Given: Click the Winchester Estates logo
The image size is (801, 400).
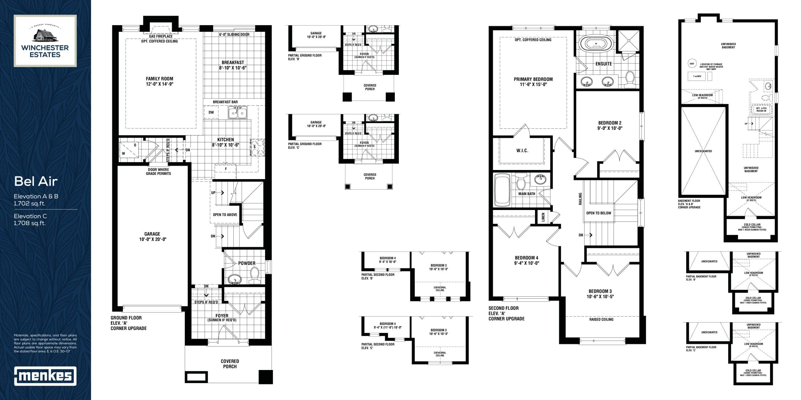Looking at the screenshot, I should click(45, 41).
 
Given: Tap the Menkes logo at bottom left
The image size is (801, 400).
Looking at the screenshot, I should click(45, 376).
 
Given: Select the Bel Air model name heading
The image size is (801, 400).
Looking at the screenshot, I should click(36, 181).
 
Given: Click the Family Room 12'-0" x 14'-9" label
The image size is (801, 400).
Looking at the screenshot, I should click(160, 81).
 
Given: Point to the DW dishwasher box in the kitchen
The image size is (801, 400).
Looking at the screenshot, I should click(211, 112).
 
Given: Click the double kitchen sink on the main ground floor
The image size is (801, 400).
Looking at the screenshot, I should click(238, 112).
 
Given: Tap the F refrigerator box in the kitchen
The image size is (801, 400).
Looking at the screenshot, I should click(226, 169).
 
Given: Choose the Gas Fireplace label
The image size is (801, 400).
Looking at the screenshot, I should click(161, 37).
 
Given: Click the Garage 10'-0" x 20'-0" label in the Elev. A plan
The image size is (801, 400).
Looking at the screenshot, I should click(152, 237).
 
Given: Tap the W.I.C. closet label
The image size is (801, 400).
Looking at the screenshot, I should click(522, 151).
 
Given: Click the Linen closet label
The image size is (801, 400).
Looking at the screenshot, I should click(543, 217).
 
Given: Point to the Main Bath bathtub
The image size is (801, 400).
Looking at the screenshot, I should click(502, 191).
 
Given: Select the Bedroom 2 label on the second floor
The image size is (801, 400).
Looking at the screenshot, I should click(610, 125).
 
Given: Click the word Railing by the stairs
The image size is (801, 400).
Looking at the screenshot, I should click(580, 199).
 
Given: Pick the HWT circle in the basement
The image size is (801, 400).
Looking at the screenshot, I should click(692, 64).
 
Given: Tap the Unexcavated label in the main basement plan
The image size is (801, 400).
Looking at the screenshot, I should click(703, 151).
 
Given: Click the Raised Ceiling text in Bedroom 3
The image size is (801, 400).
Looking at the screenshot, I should click(601, 319).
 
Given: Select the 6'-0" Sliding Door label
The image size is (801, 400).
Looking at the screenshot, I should click(234, 34).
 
